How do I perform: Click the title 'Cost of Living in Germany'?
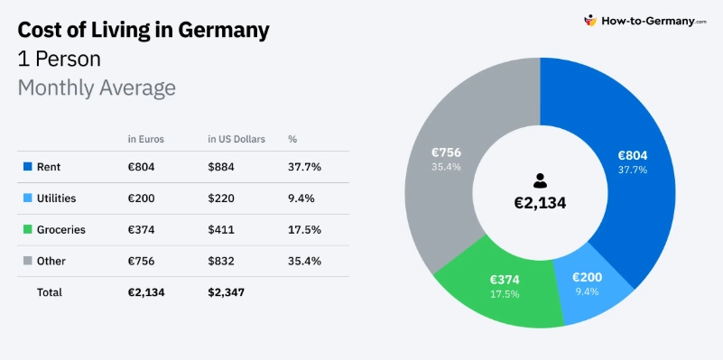tap(144, 30)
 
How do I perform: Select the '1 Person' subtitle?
tap(59, 60)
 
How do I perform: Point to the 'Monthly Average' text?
tap(97, 88)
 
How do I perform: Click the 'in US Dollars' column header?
tap(236, 139)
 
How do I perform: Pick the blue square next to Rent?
tap(28, 167)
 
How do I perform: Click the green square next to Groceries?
tap(28, 230)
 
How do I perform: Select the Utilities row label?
tap(56, 198)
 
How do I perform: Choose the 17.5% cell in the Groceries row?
tap(304, 230)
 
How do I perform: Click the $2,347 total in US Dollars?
tap(226, 292)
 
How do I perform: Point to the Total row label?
tap(50, 292)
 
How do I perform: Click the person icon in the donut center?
tap(540, 180)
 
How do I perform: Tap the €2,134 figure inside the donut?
tap(540, 203)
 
